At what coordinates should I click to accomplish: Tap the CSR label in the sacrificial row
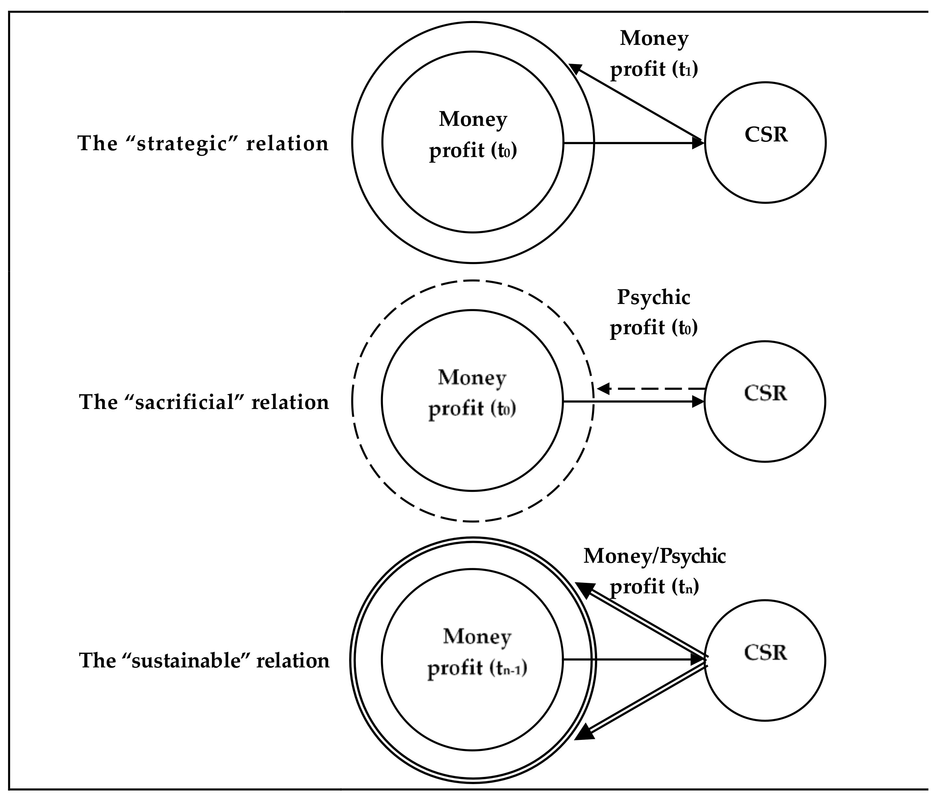point(766,393)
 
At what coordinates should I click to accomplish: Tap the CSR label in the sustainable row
point(766,652)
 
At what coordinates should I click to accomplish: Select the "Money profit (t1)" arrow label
point(654,54)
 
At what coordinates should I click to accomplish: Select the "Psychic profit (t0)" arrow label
point(653,312)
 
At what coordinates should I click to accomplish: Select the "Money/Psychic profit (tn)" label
point(654,571)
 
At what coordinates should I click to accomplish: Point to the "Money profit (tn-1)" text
point(477,652)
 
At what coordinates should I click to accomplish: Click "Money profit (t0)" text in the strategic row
point(473,135)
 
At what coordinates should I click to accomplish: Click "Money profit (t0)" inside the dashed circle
point(472,393)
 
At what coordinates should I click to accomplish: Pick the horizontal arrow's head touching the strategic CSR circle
point(698,143)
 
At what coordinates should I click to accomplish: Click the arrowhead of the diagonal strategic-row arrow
point(575,69)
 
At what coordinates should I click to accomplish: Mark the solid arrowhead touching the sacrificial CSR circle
point(698,401)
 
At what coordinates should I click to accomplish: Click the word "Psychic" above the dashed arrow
point(653,298)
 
